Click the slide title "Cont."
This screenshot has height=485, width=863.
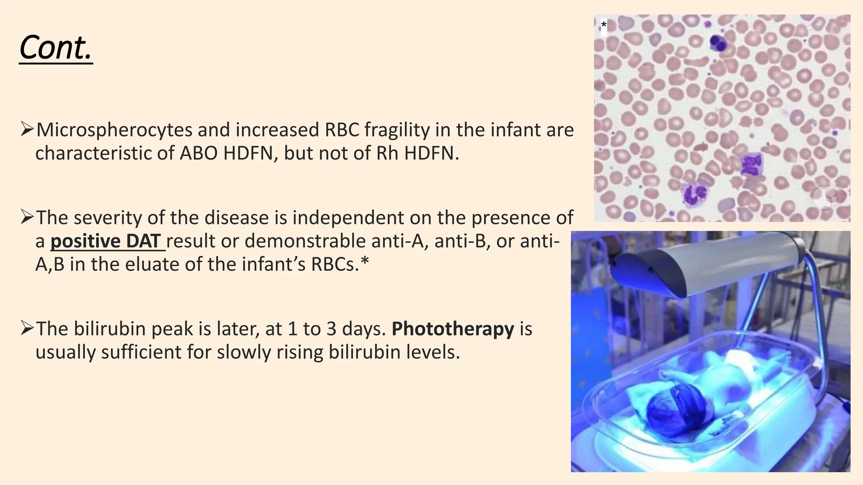click(x=56, y=48)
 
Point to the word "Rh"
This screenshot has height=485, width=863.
click(x=387, y=154)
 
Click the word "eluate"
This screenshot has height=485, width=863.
click(x=180, y=264)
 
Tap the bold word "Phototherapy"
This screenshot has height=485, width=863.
click(x=453, y=329)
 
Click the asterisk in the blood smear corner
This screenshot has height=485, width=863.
click(x=604, y=25)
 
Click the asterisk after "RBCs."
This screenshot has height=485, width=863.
click(x=365, y=263)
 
